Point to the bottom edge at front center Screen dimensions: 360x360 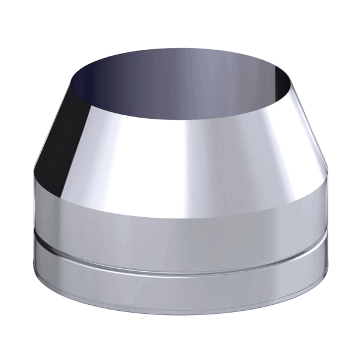tap(180, 314)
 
